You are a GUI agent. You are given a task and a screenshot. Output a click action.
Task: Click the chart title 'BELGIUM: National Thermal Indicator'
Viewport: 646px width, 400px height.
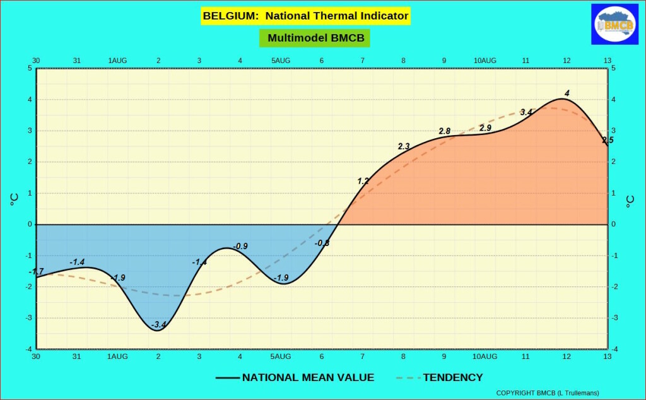(306, 16)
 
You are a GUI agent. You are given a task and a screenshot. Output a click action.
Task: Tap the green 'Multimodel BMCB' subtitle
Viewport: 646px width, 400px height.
(315, 38)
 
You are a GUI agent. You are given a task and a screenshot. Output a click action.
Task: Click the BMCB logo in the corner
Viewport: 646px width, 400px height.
(615, 25)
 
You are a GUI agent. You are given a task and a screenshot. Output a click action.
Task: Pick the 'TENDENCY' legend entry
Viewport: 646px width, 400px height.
(452, 377)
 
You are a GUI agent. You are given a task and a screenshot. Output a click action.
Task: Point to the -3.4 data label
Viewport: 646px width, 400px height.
(159, 325)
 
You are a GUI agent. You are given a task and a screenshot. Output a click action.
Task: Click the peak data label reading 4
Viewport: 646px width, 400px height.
(567, 93)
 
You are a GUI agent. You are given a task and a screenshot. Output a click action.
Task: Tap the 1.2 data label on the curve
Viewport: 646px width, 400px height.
(363, 181)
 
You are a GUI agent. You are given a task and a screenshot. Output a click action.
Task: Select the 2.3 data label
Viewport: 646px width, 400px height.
(404, 146)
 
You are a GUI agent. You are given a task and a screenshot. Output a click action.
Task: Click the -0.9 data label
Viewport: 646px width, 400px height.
(240, 246)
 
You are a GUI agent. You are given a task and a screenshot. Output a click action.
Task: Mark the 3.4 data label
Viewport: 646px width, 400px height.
(526, 112)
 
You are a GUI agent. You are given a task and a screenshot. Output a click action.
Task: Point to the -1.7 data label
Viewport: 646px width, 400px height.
(37, 272)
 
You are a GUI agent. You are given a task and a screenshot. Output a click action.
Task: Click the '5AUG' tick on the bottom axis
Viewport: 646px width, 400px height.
(281, 356)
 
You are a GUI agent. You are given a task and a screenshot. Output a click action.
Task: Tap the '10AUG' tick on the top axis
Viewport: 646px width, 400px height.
(484, 61)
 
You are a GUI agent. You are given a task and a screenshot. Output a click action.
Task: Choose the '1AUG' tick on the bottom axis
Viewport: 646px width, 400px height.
(118, 356)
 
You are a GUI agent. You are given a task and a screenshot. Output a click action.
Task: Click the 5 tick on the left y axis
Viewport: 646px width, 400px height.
(30, 68)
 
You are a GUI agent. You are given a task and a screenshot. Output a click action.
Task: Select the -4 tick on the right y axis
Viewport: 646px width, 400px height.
(613, 349)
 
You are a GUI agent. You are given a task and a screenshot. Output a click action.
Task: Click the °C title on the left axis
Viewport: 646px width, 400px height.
(14, 201)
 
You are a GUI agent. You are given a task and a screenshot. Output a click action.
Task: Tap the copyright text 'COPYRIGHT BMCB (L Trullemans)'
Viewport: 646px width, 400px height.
(548, 393)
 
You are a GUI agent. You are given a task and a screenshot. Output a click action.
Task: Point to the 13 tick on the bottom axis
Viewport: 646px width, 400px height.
(607, 356)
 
